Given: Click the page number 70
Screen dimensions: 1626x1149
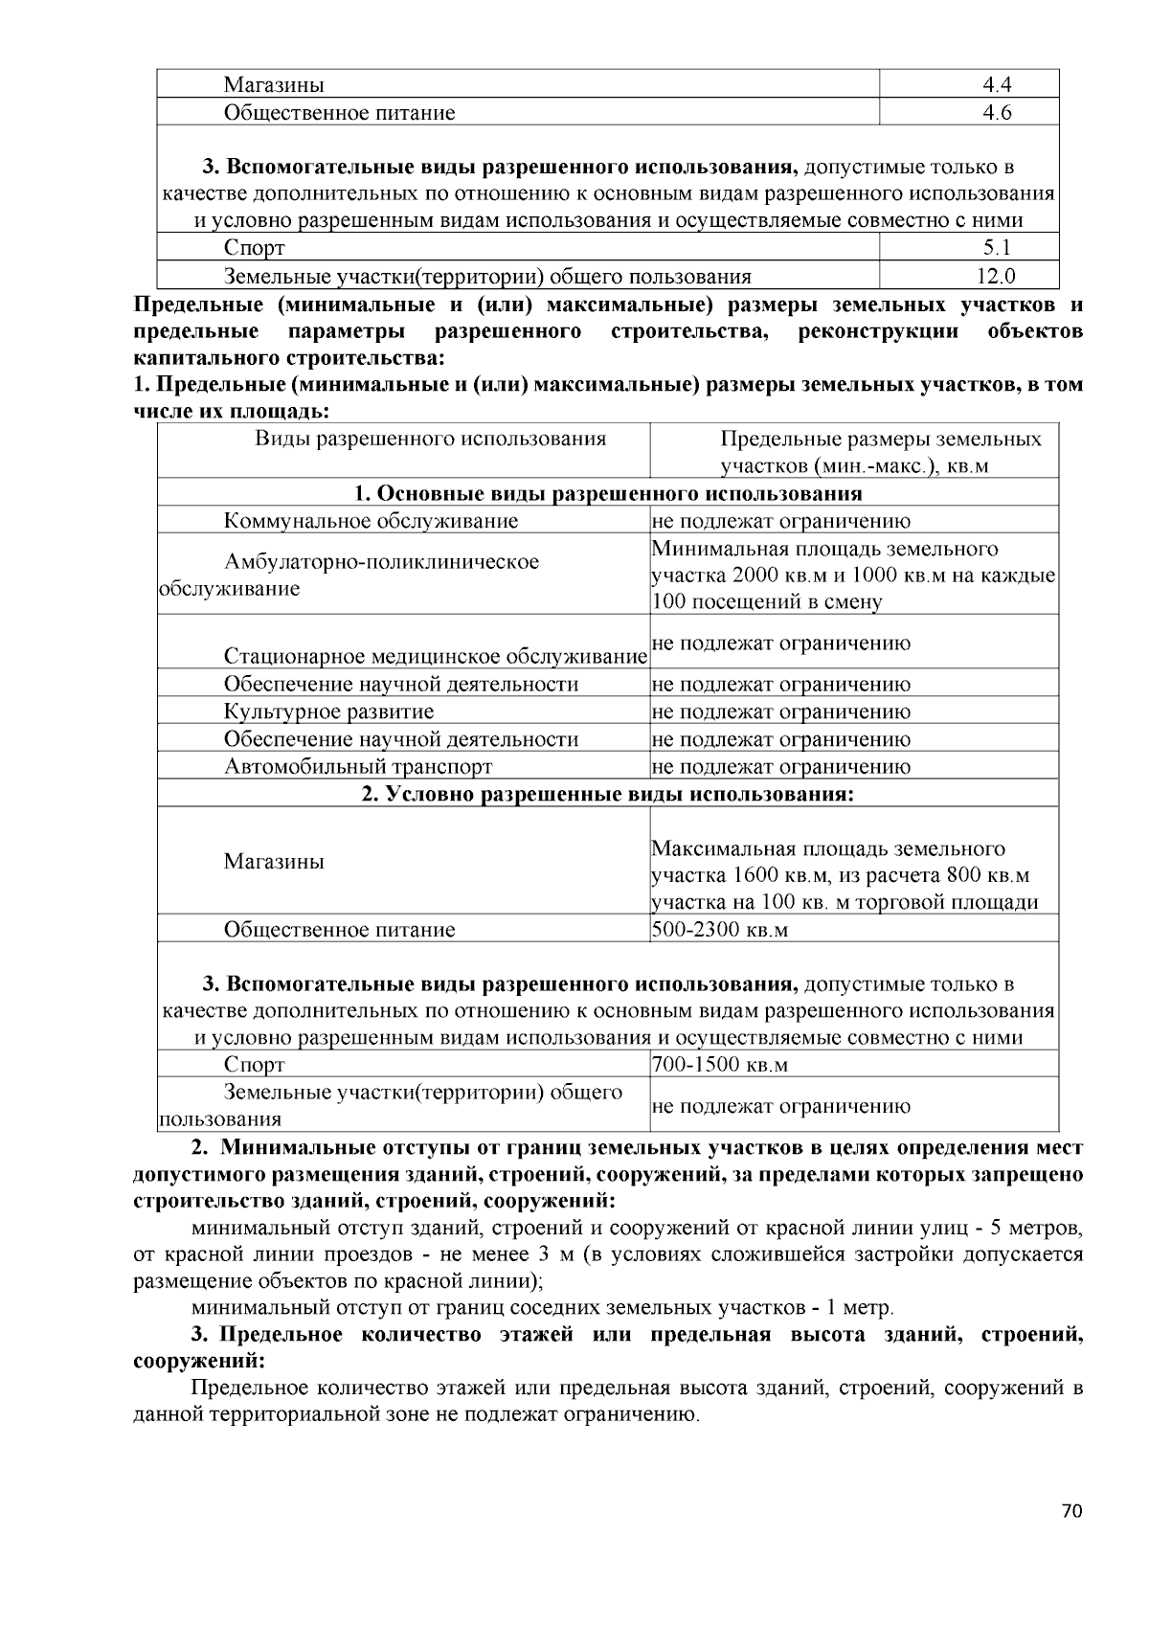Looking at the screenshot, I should tap(1071, 1513).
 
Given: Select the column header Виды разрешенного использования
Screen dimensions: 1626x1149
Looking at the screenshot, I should tap(430, 440).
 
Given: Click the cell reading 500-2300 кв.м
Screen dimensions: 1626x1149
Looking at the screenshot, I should tap(719, 930).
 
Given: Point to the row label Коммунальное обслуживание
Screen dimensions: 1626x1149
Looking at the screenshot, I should tap(371, 521).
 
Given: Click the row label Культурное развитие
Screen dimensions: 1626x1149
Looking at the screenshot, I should tap(328, 711).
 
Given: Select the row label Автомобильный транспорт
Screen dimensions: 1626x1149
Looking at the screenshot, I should tap(358, 766).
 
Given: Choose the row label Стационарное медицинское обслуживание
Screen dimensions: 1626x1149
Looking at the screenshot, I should tap(436, 657).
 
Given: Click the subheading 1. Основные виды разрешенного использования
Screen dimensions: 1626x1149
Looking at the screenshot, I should tap(608, 494).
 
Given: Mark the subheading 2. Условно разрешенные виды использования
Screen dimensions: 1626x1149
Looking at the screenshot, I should tap(608, 795).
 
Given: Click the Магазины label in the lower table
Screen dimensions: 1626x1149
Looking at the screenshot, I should tap(274, 862).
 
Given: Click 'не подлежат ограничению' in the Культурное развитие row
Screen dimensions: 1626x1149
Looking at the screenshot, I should tap(780, 711).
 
